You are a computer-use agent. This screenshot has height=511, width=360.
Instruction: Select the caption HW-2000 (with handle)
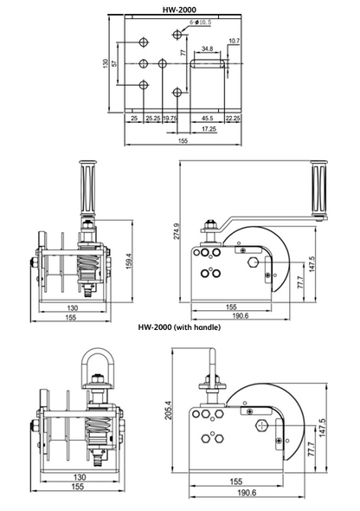180,328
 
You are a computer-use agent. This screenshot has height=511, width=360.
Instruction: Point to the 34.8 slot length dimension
207,49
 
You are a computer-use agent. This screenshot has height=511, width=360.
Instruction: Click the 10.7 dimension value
234,41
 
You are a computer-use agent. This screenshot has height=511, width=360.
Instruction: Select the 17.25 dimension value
209,128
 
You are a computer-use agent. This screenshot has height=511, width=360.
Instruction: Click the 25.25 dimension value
152,117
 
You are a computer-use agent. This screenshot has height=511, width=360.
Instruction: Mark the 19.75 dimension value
170,117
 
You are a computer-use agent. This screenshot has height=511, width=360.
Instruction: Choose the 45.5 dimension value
208,117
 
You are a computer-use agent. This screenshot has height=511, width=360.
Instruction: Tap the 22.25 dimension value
233,117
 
